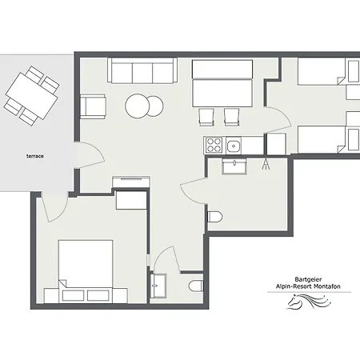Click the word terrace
(35, 156)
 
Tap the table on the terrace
(32, 96)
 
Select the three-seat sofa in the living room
(142, 70)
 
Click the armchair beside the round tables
(93, 106)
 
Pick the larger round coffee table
(138, 106)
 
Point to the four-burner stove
(214, 145)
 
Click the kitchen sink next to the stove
(234, 146)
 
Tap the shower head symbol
(266, 164)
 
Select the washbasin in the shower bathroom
(234, 166)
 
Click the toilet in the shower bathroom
(214, 217)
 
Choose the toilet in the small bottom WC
(196, 286)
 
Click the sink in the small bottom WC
(158, 286)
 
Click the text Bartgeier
(308, 279)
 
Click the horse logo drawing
(309, 301)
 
